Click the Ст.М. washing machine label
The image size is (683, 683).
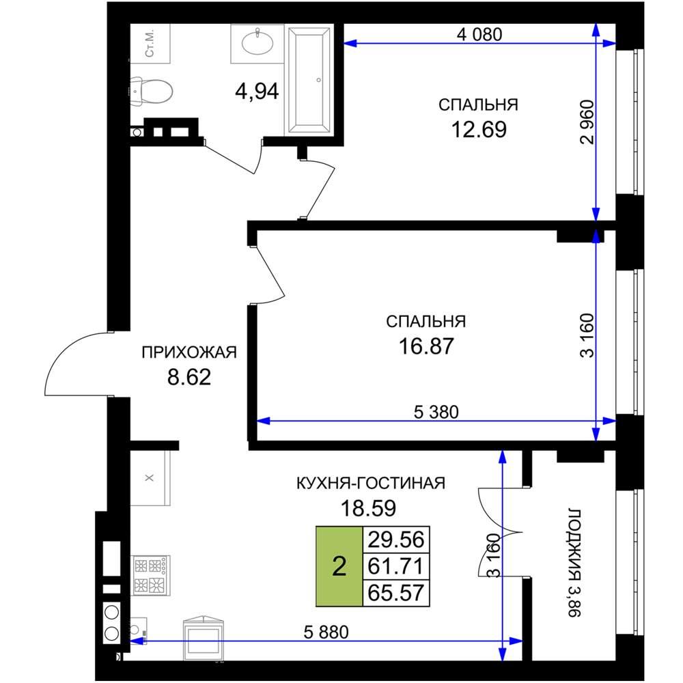(x=150, y=44)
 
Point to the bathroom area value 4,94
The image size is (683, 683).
(x=257, y=92)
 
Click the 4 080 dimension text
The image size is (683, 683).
(x=479, y=34)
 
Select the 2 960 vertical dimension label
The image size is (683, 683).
(x=587, y=122)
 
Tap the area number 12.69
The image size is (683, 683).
(x=479, y=129)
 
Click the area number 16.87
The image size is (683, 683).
(x=426, y=346)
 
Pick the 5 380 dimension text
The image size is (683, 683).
(x=436, y=412)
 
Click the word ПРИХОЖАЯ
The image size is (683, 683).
(x=189, y=352)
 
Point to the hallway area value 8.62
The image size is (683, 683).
(x=189, y=377)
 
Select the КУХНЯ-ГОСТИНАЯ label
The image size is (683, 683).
(x=371, y=483)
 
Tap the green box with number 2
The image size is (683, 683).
(x=339, y=567)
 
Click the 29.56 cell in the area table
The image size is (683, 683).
(x=396, y=540)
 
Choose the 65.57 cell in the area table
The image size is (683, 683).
(x=396, y=593)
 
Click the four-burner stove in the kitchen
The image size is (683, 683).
(x=150, y=575)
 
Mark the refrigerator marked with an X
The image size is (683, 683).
(x=150, y=478)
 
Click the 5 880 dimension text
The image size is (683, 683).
(x=326, y=632)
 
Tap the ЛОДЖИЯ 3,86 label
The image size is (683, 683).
(x=575, y=563)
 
